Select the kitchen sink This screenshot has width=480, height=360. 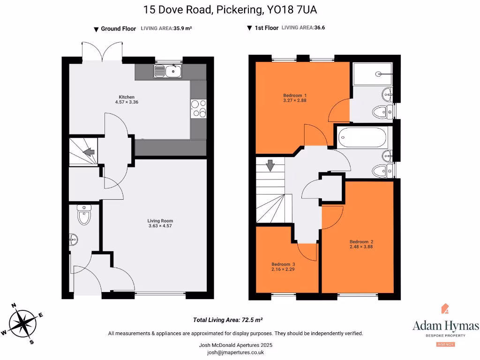pos(168,72)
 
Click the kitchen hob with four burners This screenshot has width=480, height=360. pos(198,108)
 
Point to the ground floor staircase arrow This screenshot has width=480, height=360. pos(88,152)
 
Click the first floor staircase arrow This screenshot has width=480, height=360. pos(270,165)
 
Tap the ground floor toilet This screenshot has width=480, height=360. pos(84,216)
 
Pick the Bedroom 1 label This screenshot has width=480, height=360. pos(292,95)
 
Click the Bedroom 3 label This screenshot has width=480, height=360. pos(283,264)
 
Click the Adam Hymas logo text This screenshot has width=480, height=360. pos(445,326)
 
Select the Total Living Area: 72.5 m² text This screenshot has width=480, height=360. pos(228,320)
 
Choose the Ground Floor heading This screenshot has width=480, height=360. pos(118,29)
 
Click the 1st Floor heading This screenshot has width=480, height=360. pos(266,28)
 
